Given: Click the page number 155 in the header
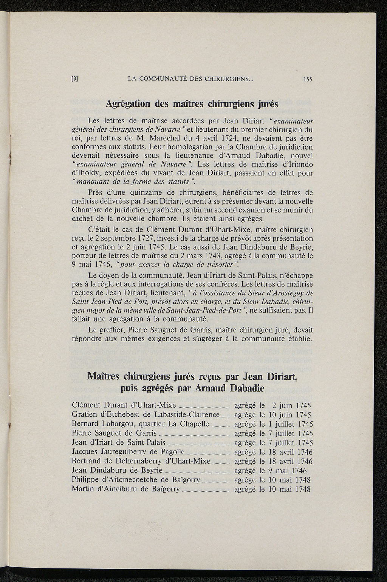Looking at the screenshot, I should point(307,79).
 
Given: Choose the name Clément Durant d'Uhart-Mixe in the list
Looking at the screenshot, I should point(124,406).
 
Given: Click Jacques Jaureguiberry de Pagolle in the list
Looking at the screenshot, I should point(128,452).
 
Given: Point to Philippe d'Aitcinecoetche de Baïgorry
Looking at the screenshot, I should point(136,480).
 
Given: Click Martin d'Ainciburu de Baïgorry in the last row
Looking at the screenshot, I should point(125,490).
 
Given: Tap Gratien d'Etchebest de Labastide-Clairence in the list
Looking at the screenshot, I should point(146,415).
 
